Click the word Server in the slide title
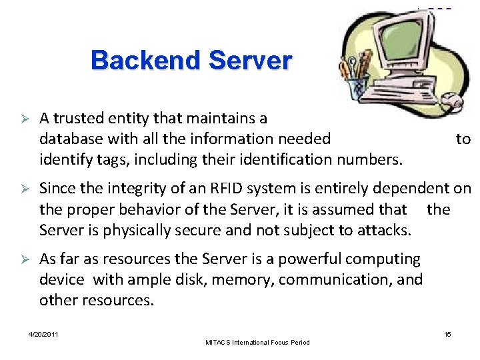click(250, 61)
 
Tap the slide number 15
click(447, 333)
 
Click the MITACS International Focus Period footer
click(259, 343)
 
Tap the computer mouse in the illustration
click(453, 102)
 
